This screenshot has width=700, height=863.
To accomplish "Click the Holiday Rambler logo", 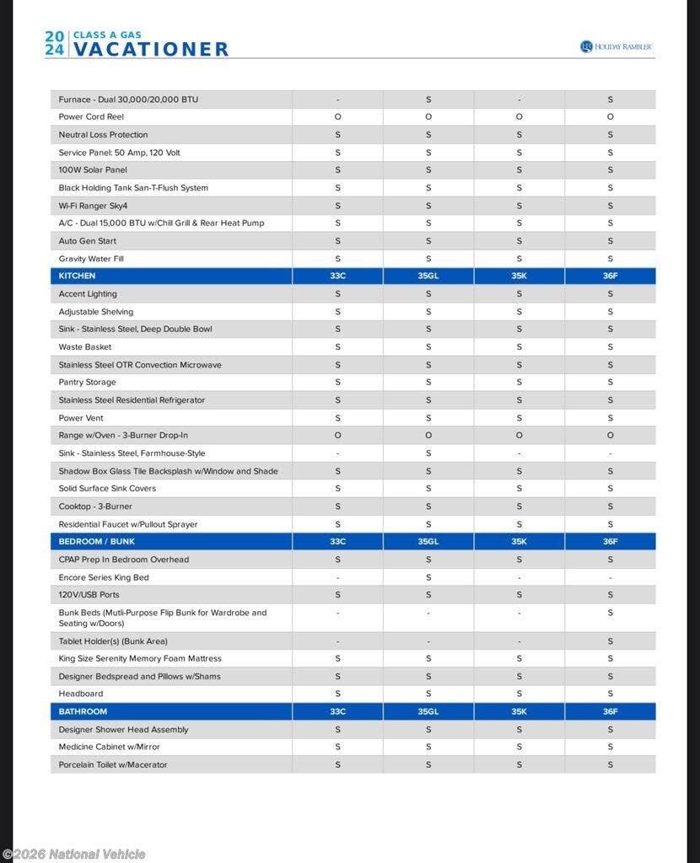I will tap(617, 46).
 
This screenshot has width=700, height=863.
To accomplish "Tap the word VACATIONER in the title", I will tap(150, 50).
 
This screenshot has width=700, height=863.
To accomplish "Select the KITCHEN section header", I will tap(78, 276).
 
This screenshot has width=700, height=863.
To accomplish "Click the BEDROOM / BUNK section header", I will tap(97, 542).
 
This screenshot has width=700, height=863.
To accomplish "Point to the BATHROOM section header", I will tap(83, 712).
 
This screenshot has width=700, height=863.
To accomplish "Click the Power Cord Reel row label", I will tap(91, 117).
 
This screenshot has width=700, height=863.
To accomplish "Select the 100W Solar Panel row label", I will tap(93, 170).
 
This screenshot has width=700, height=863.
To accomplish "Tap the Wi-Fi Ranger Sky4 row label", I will tap(93, 206).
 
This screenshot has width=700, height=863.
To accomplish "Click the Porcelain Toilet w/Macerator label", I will tap(113, 765).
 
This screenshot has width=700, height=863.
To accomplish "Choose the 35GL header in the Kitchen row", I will tap(428, 276).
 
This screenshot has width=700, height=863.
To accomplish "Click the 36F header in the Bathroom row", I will tap(610, 712).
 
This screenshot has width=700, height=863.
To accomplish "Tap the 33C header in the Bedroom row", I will tap(337, 542).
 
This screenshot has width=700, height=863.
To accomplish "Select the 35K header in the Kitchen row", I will tap(519, 276).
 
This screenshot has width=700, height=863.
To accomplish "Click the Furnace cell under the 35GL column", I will tap(428, 99).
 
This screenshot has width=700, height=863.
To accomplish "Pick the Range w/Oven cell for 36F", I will tap(610, 436).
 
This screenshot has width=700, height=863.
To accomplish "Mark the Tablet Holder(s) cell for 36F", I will tap(610, 641).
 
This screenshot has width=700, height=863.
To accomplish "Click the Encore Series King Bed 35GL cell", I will tap(428, 578).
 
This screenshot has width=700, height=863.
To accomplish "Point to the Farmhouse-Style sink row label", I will tap(132, 453).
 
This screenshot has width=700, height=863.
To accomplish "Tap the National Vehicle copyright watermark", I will tap(74, 855).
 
